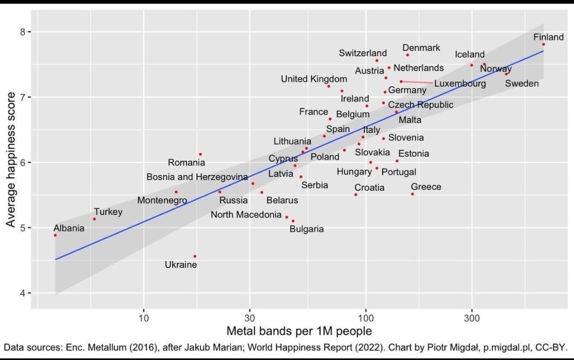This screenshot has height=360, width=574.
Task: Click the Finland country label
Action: tap(548, 37)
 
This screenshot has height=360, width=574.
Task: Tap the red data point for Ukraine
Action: tap(195, 256)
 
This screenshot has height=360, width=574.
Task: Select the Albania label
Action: tap(69, 228)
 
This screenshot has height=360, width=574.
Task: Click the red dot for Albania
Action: tap(55, 235)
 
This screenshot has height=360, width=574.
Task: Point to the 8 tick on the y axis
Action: tap(22, 32)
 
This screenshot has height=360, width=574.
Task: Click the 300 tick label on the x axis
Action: tap(471, 318)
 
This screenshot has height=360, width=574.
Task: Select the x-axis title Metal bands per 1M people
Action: tap(299, 331)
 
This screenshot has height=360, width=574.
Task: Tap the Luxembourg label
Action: tap(460, 83)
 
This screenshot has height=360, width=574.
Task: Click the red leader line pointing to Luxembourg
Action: tap(417, 82)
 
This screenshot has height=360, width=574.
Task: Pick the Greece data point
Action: tap(412, 194)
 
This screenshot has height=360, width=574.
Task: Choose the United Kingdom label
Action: tap(314, 79)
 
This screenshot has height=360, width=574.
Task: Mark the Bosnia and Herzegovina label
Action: tap(197, 177)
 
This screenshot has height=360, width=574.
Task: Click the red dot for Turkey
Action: tap(95, 219)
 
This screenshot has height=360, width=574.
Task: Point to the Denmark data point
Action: tap(408, 55)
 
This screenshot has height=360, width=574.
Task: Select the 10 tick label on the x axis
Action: tap(143, 318)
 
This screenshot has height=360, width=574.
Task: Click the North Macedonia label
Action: tap(246, 215)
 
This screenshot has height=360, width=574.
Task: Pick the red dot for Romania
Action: tap(200, 154)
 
